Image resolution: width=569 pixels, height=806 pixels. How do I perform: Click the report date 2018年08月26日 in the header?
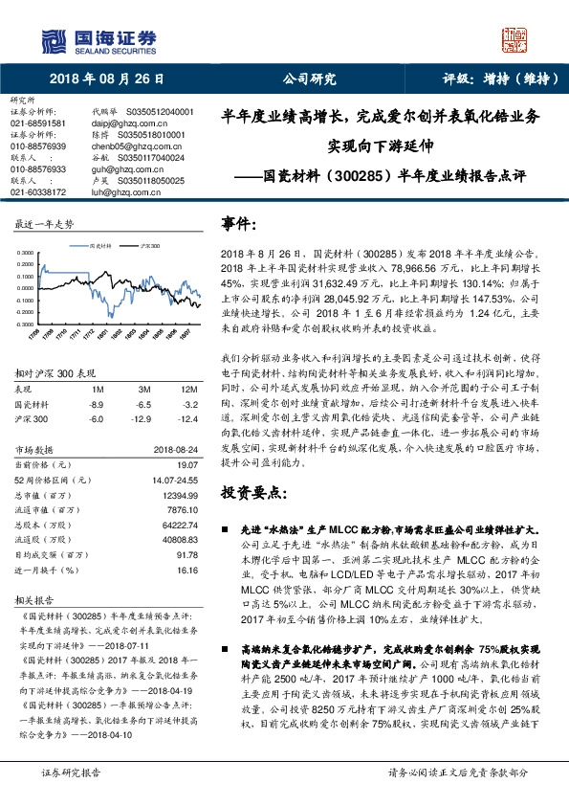click(x=107, y=79)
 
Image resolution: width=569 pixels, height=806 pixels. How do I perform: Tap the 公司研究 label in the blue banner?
click(x=310, y=79)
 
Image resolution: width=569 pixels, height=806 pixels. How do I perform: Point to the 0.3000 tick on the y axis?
click(x=24, y=255)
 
